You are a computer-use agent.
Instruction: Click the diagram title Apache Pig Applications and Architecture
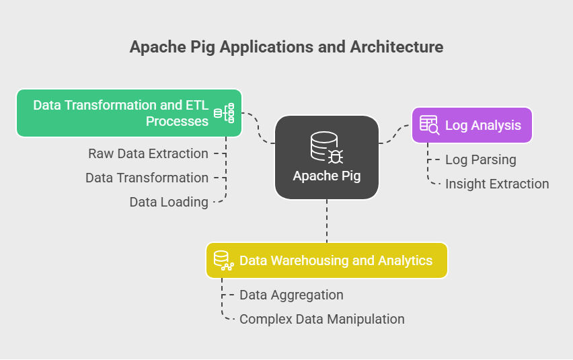point(286,47)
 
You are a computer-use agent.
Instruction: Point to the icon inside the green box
point(224,113)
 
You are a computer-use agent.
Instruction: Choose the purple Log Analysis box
point(471,125)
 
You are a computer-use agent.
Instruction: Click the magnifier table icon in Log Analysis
point(429,125)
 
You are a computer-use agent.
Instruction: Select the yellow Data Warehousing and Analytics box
point(326,260)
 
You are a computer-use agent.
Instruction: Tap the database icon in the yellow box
point(223,260)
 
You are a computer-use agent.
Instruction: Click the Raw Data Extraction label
point(148,153)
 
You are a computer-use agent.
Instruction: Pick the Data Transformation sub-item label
point(147,178)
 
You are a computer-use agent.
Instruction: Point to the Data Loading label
point(169,202)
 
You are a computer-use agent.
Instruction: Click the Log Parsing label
point(481,159)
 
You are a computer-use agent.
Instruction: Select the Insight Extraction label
point(497,184)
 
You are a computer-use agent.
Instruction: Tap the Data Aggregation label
point(291,295)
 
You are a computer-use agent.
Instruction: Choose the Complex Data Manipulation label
point(322,319)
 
